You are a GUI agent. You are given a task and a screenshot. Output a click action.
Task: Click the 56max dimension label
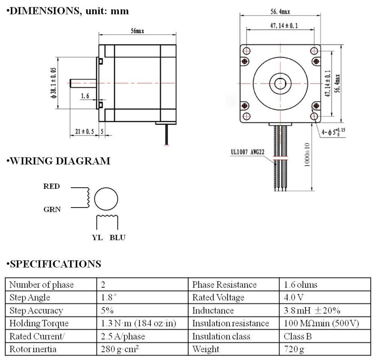pos(137,31)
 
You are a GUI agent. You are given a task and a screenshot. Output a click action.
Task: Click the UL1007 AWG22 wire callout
pos(249,152)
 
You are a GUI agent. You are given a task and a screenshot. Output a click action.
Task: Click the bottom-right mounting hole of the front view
pos(314,116)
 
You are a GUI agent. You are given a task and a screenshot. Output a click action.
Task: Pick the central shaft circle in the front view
pos(280,83)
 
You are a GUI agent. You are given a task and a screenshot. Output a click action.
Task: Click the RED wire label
pos(52,186)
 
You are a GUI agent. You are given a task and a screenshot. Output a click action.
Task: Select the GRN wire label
pos(52,209)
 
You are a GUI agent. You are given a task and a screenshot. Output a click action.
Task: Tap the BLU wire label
pos(118,238)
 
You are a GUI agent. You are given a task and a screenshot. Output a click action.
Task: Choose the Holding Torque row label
pos(38,323)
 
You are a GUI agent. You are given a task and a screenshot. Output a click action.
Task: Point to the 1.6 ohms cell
pos(300,285)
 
